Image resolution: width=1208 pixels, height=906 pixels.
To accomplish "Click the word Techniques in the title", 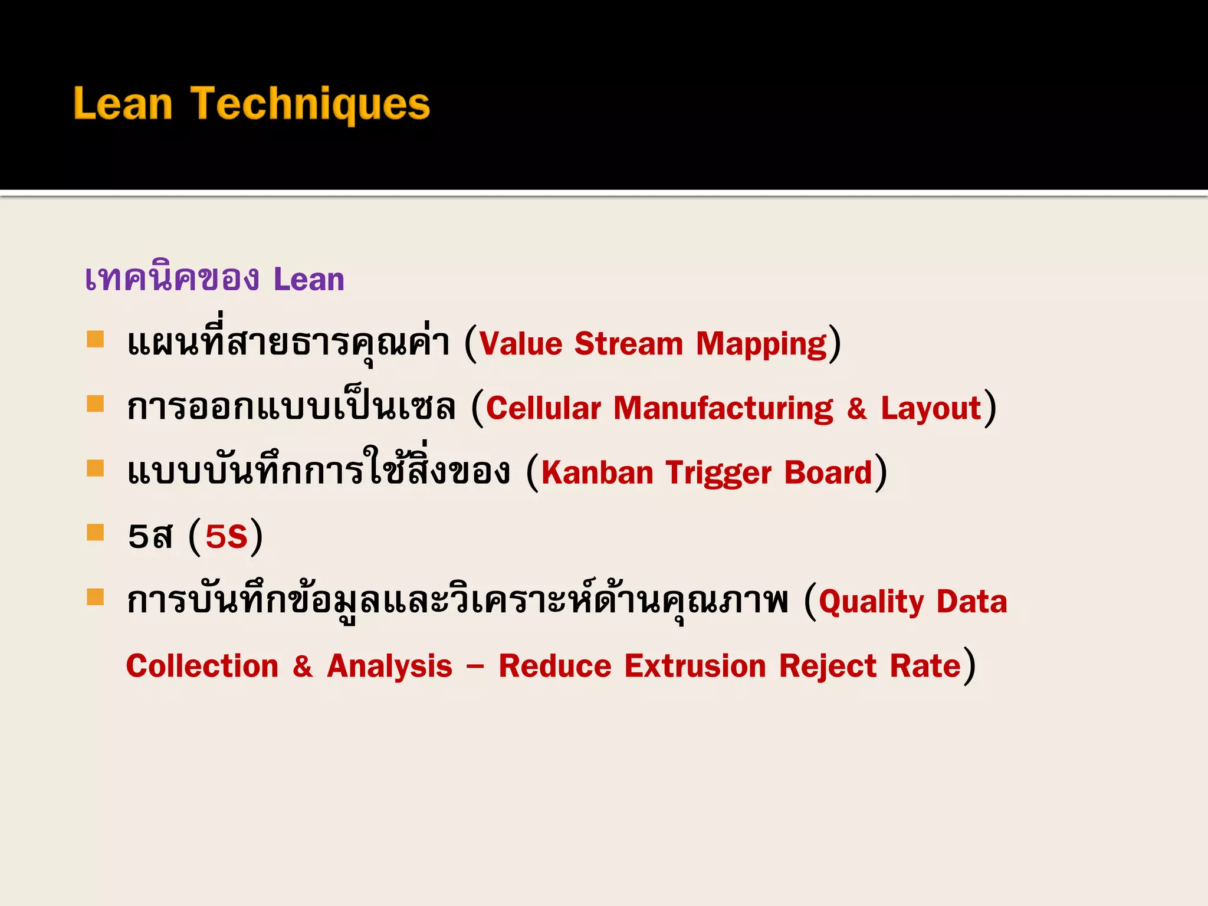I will pos(310,104).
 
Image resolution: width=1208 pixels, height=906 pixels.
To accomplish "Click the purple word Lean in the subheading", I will pos(308,279).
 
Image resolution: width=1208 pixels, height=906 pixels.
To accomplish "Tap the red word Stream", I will pos(628,344).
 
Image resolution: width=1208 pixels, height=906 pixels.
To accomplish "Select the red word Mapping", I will pos(761,345).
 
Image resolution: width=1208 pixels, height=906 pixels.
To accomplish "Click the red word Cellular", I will pos(543,408).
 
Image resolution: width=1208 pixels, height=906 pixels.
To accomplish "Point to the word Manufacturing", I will pos(723,408).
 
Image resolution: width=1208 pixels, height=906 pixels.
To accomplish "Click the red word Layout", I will pos(930,408).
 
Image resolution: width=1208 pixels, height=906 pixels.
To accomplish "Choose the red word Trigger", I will pos(718,474).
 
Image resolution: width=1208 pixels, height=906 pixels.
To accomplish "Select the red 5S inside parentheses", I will pos(226,537).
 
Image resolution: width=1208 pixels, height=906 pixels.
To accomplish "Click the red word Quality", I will pos(871,602).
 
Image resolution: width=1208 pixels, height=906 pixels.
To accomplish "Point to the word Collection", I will pos(202,666).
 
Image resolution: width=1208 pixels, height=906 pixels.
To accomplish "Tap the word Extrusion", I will pos(695,666).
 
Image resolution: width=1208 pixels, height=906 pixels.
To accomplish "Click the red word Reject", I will pos(828,667).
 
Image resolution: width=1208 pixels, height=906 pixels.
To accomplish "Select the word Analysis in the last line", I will pos(389,667).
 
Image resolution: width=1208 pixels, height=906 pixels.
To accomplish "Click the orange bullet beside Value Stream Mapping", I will pos(95,339).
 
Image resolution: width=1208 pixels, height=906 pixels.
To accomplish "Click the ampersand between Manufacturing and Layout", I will pos(856,408).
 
